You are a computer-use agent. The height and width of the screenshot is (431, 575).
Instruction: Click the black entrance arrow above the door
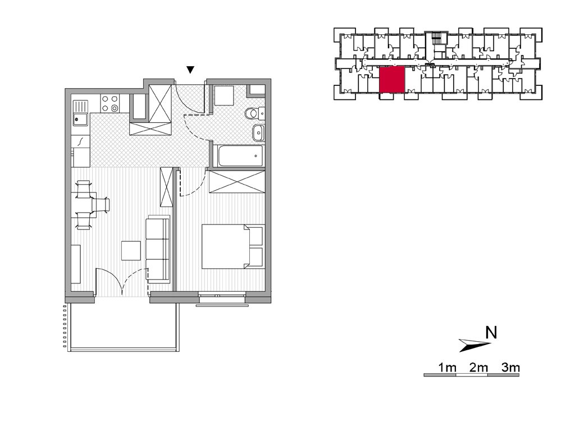190,70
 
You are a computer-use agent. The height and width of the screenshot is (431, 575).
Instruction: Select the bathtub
240,156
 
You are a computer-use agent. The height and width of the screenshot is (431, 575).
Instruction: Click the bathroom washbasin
258,132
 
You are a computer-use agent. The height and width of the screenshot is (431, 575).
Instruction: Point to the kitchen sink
80,113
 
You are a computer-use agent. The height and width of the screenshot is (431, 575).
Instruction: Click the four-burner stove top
109,103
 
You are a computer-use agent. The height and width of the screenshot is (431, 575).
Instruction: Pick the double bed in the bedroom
233,246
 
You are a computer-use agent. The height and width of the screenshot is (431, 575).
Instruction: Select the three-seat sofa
158,250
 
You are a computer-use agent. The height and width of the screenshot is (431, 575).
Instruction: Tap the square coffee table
131,251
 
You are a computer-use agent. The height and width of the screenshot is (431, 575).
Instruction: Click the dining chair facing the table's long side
102,205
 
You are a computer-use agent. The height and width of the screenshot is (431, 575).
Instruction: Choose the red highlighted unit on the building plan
392,80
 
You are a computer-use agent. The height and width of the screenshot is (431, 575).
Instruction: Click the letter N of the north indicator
491,333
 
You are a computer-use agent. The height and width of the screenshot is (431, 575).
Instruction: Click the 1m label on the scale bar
447,367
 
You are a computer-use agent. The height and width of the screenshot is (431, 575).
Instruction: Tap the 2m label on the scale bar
478,367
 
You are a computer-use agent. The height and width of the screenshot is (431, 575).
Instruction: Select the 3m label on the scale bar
510,367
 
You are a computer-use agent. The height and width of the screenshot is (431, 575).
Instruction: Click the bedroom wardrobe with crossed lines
236,182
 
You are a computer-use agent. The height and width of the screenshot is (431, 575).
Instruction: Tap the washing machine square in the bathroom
223,96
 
